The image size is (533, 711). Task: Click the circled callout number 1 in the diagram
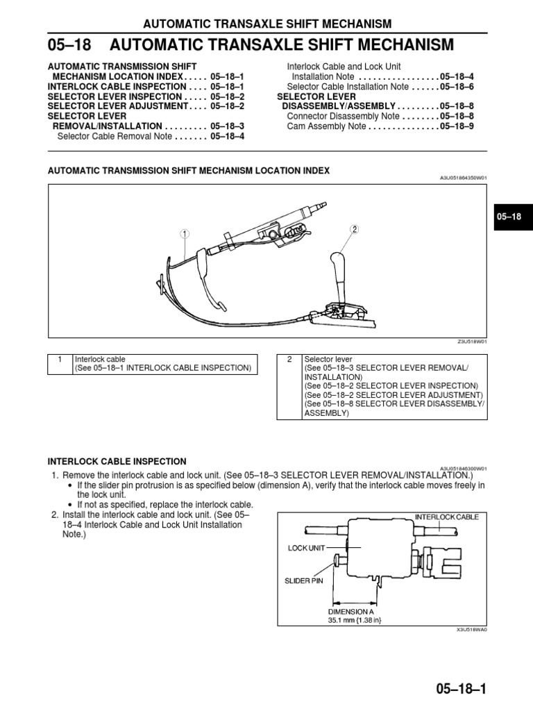[185, 234]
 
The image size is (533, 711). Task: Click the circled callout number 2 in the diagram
[353, 228]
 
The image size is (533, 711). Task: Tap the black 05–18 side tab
[509, 217]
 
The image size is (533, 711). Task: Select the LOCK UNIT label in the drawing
[306, 548]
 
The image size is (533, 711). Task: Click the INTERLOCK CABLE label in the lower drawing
[446, 517]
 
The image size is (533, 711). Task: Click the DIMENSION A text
[356, 612]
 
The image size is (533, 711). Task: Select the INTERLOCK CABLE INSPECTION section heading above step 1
[117, 461]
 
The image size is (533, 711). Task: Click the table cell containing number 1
[60, 359]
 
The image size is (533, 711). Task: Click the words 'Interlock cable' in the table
[101, 359]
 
